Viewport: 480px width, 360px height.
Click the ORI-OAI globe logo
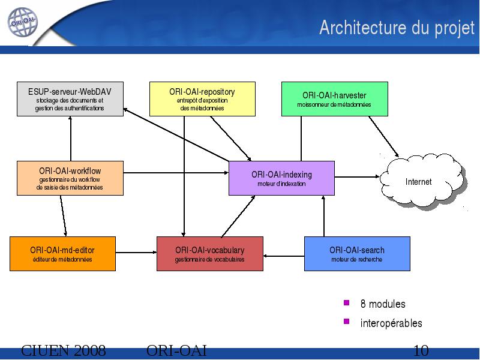(23, 22)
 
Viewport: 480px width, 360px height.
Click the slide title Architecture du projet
(397, 28)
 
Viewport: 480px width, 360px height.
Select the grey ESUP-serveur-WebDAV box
(70, 99)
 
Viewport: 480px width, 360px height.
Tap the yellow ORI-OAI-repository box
(202, 99)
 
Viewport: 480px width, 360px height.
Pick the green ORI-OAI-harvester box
(335, 99)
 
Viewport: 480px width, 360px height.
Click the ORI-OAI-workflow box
(70, 178)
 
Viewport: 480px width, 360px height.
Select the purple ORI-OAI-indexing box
(281, 178)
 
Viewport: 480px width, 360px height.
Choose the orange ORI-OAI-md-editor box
(63, 254)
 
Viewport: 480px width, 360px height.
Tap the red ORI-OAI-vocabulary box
(210, 254)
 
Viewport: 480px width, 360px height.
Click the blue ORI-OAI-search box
(357, 254)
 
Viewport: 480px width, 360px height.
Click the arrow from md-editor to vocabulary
(136, 253)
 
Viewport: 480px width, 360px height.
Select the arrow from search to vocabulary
(284, 256)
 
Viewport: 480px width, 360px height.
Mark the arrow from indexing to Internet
(357, 176)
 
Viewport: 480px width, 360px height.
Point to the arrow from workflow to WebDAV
(70, 139)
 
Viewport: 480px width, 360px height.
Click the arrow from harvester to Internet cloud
(384, 137)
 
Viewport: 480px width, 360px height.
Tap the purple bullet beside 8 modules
(347, 303)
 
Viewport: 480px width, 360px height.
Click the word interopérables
(391, 323)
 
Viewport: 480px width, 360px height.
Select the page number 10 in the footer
(421, 350)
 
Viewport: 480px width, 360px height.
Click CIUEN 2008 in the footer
(64, 350)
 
